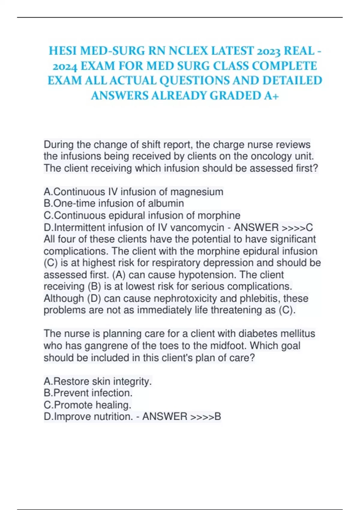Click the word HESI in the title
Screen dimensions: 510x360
[61, 51]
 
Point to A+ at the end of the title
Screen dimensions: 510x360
[272, 96]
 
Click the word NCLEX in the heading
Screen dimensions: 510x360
[188, 51]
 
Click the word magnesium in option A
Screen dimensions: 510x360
[197, 192]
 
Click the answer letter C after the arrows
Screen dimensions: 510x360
[309, 227]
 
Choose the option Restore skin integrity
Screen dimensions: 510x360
[98, 381]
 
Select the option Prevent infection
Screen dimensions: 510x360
[88, 393]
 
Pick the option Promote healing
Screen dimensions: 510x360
[88, 405]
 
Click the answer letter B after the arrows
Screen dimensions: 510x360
[218, 417]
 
